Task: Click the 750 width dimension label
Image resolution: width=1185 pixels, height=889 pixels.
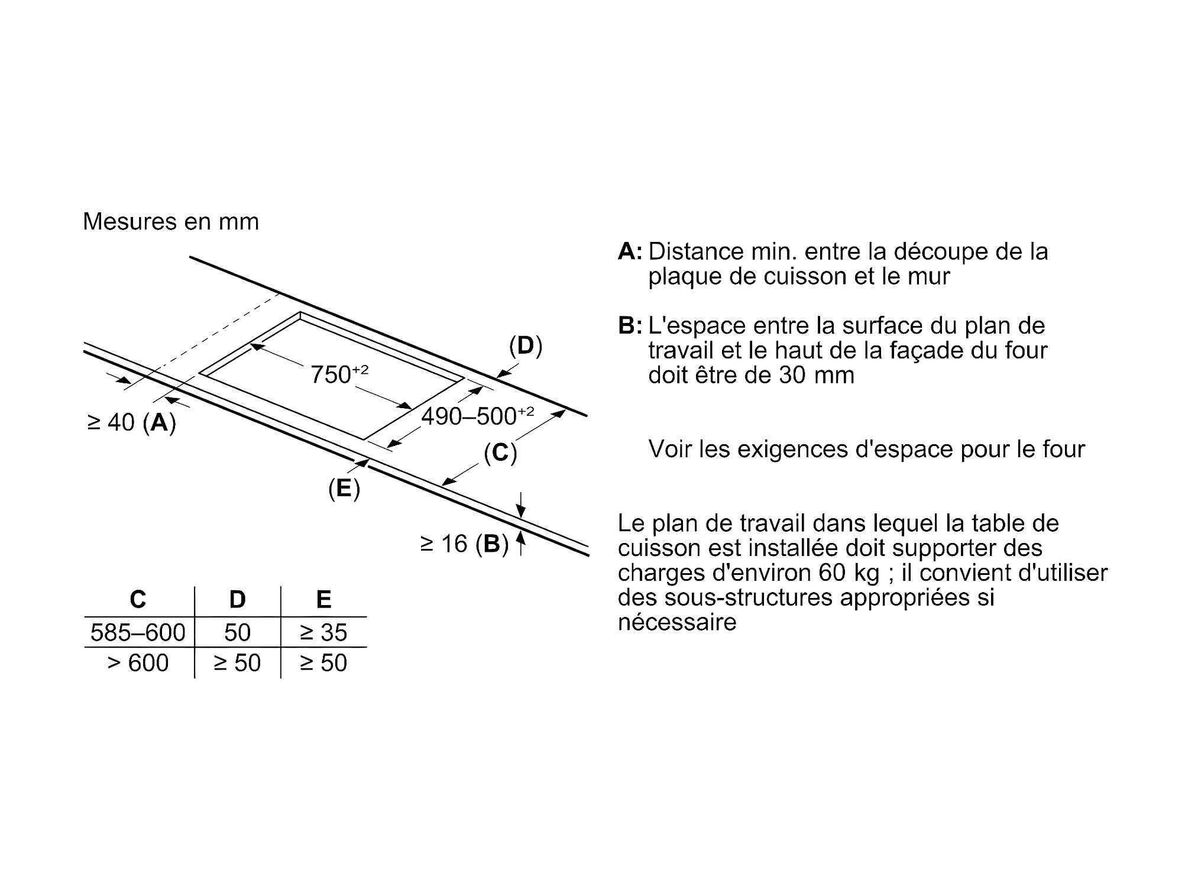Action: tap(339, 375)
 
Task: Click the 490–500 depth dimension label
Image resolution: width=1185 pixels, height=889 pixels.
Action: tap(477, 416)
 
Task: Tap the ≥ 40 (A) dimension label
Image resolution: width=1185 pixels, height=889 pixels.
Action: tap(131, 422)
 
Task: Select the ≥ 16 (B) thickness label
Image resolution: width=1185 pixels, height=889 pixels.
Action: tap(464, 544)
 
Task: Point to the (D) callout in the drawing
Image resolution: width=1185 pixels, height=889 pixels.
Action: tap(525, 346)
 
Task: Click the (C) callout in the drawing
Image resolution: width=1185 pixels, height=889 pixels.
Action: tap(500, 453)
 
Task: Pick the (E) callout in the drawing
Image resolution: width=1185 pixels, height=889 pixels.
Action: tap(344, 489)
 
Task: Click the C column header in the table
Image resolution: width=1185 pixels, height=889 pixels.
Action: tap(138, 600)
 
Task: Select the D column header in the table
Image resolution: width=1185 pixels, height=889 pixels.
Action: tap(237, 600)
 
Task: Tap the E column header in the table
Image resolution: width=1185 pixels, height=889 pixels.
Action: tap(323, 600)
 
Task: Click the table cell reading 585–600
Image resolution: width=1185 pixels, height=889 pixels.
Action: tap(138, 633)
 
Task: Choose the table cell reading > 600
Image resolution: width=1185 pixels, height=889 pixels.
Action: tap(138, 663)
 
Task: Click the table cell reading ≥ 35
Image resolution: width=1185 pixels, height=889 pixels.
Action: tap(323, 633)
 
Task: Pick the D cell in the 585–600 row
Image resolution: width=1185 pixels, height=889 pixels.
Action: tap(237, 633)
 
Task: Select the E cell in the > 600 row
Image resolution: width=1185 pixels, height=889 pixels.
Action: tap(323, 663)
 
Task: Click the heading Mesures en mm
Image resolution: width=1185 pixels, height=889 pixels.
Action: tap(171, 222)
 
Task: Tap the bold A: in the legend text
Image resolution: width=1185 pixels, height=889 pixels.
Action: tap(630, 252)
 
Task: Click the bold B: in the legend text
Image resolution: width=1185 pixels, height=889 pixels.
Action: tap(630, 326)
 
